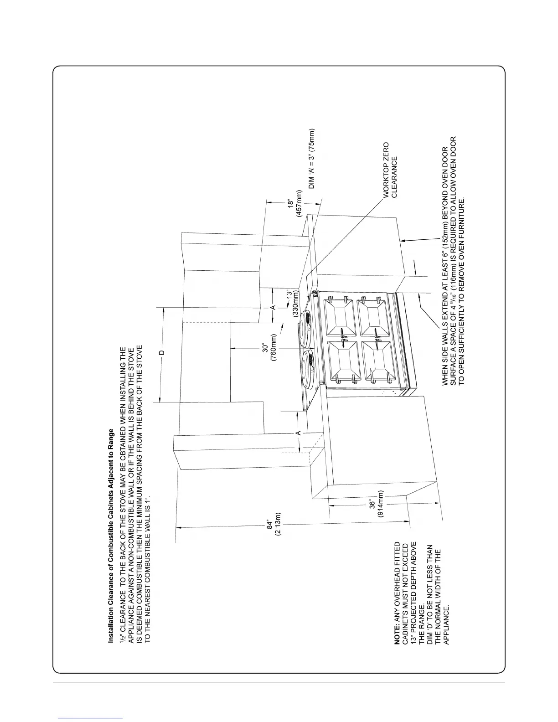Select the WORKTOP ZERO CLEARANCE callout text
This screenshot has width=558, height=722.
click(x=390, y=176)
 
